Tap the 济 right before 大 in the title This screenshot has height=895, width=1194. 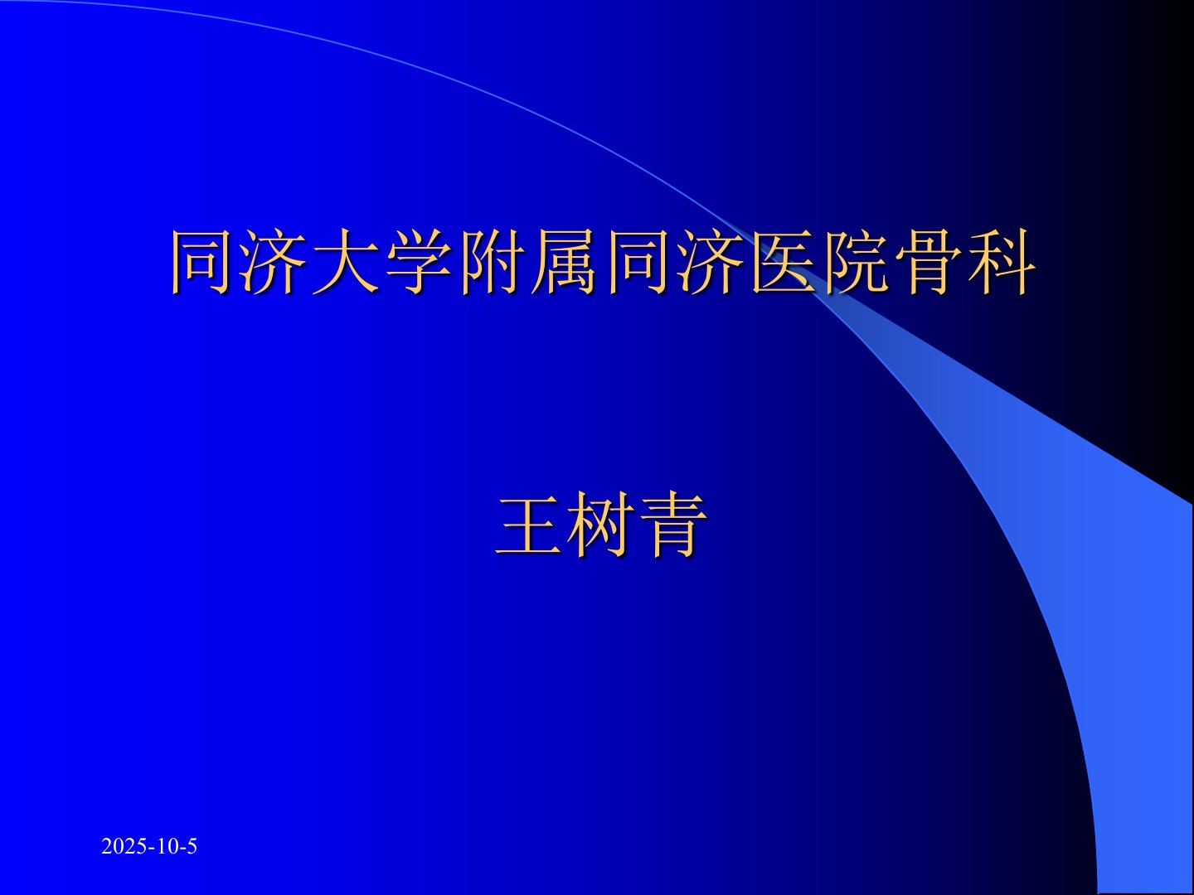point(274,263)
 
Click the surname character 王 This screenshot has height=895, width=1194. point(529,525)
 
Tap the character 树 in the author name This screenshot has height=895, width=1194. point(601,525)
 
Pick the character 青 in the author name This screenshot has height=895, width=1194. point(673,525)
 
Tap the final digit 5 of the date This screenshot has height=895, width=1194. point(192,847)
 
